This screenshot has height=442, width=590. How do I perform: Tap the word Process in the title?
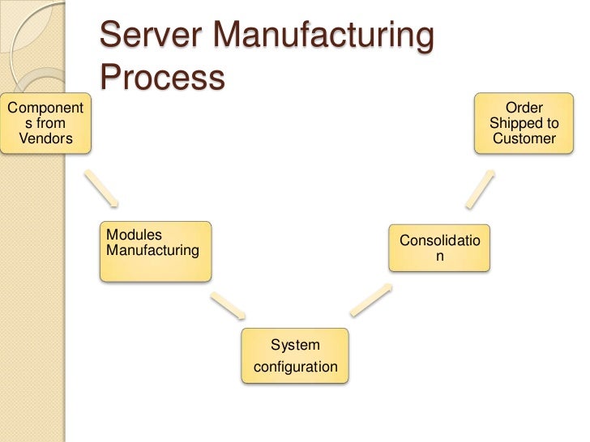[x=162, y=78]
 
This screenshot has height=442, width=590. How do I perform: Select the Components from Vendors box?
[x=45, y=123]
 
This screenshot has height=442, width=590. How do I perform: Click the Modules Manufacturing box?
[x=155, y=251]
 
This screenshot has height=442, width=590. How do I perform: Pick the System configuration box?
[x=295, y=356]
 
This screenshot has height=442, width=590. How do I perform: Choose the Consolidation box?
[x=439, y=248]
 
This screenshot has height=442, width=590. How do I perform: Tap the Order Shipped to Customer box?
[x=524, y=123]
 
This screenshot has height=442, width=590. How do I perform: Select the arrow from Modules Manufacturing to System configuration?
[x=229, y=305]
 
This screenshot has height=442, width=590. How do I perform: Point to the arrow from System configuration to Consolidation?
[x=371, y=300]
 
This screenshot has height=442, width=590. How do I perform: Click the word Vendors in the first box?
[x=45, y=138]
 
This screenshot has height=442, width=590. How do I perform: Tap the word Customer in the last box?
[x=524, y=138]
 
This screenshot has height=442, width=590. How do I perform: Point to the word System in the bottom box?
[x=295, y=345]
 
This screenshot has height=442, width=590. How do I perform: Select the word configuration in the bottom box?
[x=295, y=367]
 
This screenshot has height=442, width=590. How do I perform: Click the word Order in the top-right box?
[x=524, y=108]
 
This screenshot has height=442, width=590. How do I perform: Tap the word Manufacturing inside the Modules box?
[x=152, y=250]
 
